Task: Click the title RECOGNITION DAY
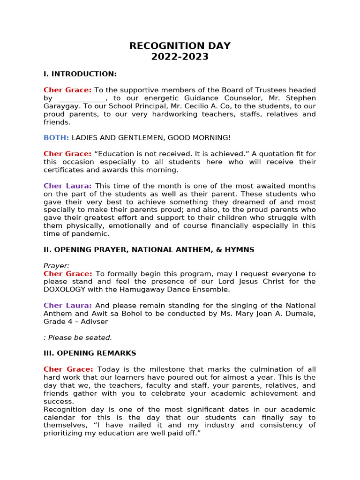tap(180, 46)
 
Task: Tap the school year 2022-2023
tap(180, 57)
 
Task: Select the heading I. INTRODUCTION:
tap(80, 74)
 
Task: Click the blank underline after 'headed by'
tap(82, 98)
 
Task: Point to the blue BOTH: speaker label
tap(56, 138)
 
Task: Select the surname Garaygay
tap(61, 106)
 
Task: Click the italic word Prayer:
tap(56, 266)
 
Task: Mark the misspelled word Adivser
tap(94, 322)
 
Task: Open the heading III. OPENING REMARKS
tap(90, 353)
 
